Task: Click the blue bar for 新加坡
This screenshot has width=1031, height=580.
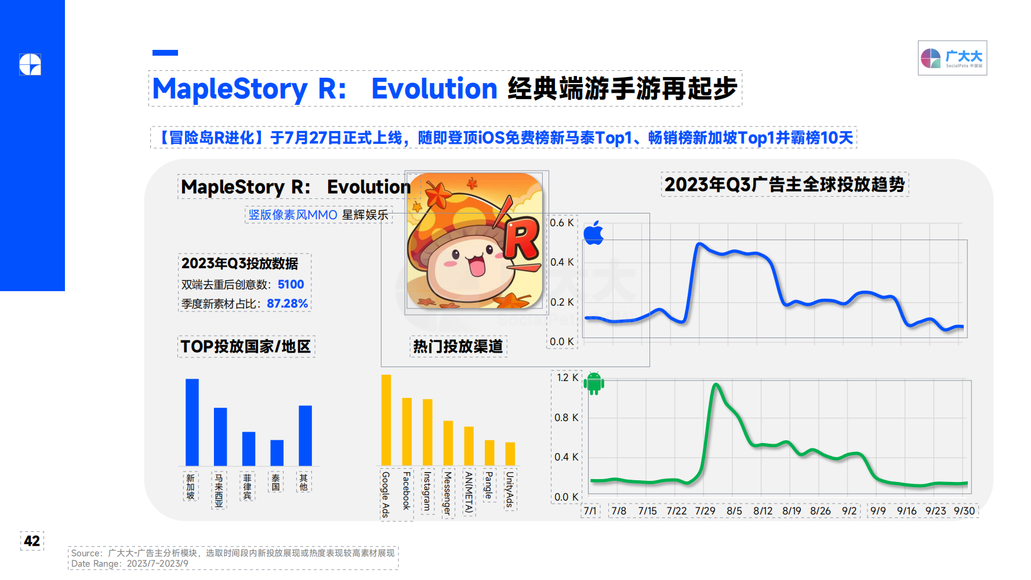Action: tap(192, 422)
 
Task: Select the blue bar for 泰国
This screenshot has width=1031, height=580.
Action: tap(277, 453)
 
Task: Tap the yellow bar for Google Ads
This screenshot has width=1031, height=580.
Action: tap(386, 420)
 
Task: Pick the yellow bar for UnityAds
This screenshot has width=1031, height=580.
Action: tap(510, 454)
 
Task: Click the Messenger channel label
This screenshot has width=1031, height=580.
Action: tap(448, 493)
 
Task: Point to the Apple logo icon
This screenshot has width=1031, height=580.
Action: tap(593, 233)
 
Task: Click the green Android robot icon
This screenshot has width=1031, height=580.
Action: tap(594, 383)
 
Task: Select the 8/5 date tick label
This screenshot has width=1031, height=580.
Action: tap(734, 511)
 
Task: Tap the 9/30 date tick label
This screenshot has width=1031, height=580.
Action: tap(964, 511)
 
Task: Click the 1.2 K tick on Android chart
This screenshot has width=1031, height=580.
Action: tap(567, 378)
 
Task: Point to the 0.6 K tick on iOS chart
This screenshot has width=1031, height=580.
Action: tap(562, 223)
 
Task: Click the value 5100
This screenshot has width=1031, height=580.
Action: tap(291, 284)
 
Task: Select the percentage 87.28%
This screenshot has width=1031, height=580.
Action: tap(287, 303)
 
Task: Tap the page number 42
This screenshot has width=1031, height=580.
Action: tap(32, 541)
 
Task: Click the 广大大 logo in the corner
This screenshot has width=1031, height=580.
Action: tap(952, 58)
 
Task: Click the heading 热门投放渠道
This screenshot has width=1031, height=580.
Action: tap(458, 346)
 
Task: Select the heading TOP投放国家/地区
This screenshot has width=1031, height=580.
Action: tap(246, 346)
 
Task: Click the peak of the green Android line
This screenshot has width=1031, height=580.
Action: tap(716, 385)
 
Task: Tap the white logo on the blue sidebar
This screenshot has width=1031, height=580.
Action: tap(30, 64)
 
